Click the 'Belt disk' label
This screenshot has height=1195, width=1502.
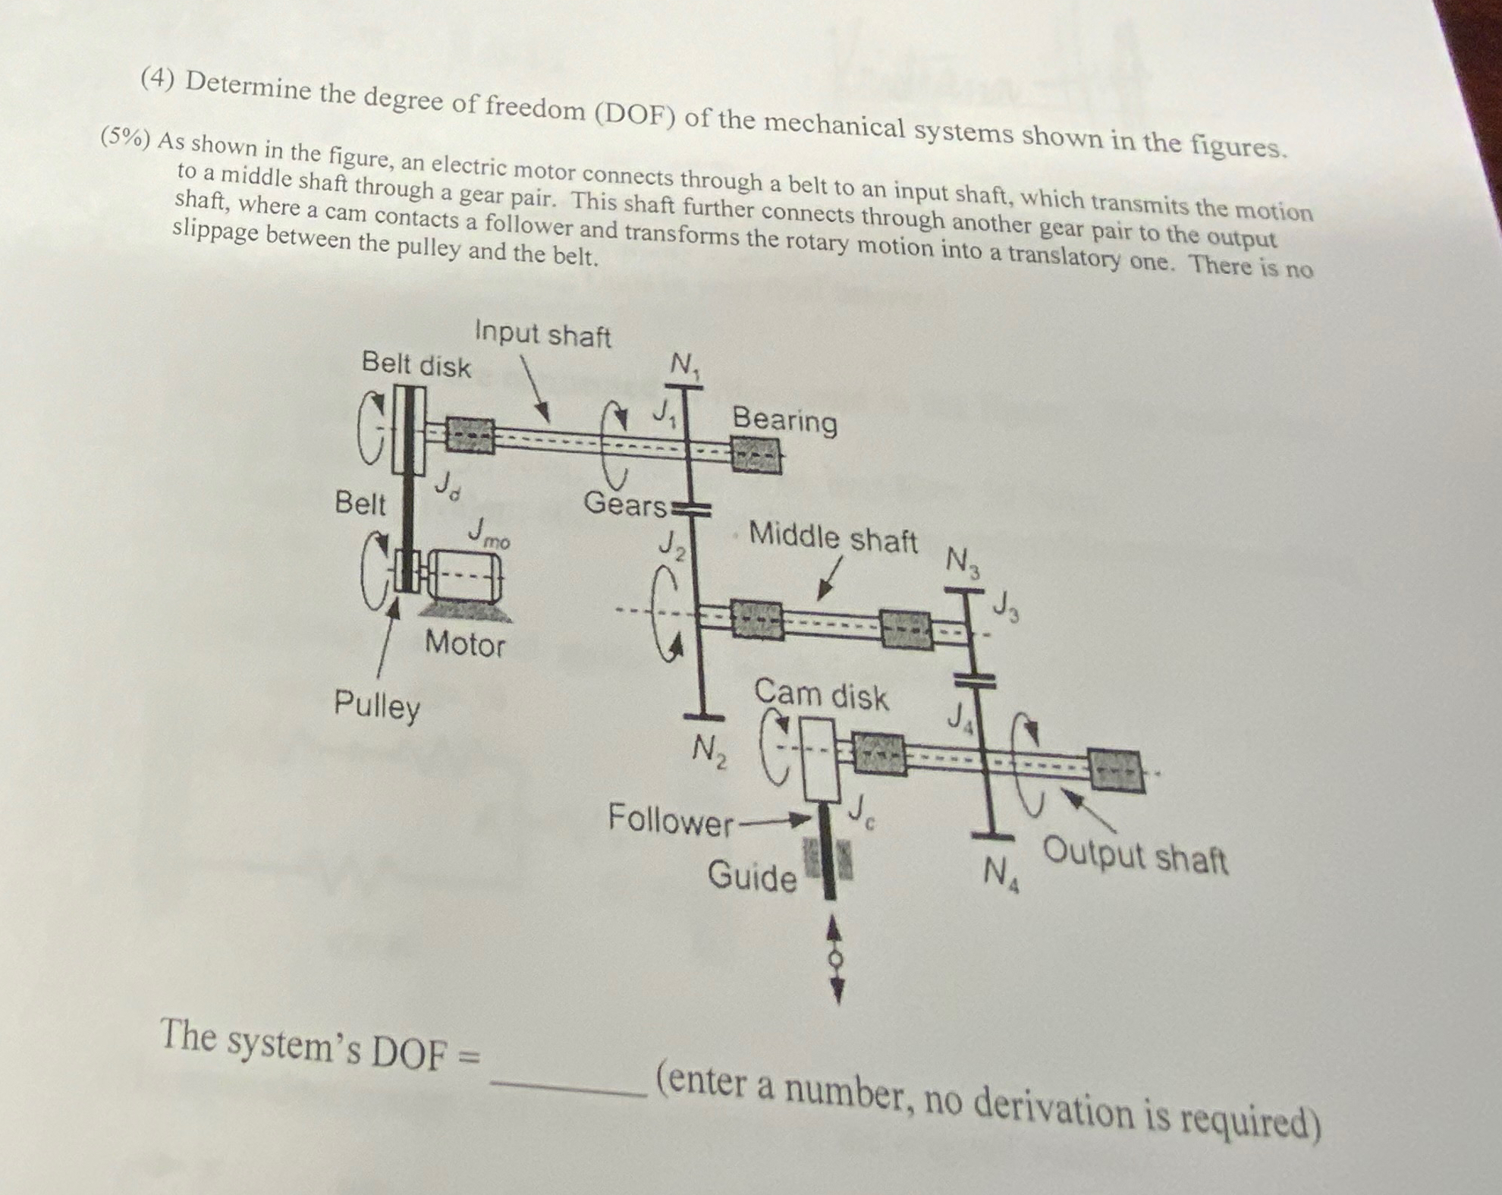coord(416,365)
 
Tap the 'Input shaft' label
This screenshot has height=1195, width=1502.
coord(542,335)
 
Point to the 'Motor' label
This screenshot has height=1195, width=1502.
coord(464,644)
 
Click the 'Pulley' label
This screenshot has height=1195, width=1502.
coord(377,706)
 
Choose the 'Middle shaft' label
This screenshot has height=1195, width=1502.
coord(833,537)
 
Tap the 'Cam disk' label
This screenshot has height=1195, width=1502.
coord(820,695)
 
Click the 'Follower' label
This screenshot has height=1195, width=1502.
coord(671,820)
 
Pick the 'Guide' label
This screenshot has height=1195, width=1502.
coord(752,877)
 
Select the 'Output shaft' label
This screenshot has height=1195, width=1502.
coord(1135,857)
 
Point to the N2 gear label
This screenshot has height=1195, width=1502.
coord(709,753)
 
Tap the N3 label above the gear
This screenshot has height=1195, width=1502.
coord(963,562)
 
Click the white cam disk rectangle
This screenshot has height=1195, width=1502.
coord(821,759)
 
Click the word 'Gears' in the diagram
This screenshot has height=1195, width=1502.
coord(624,504)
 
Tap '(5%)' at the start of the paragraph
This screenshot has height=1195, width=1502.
coord(126,138)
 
